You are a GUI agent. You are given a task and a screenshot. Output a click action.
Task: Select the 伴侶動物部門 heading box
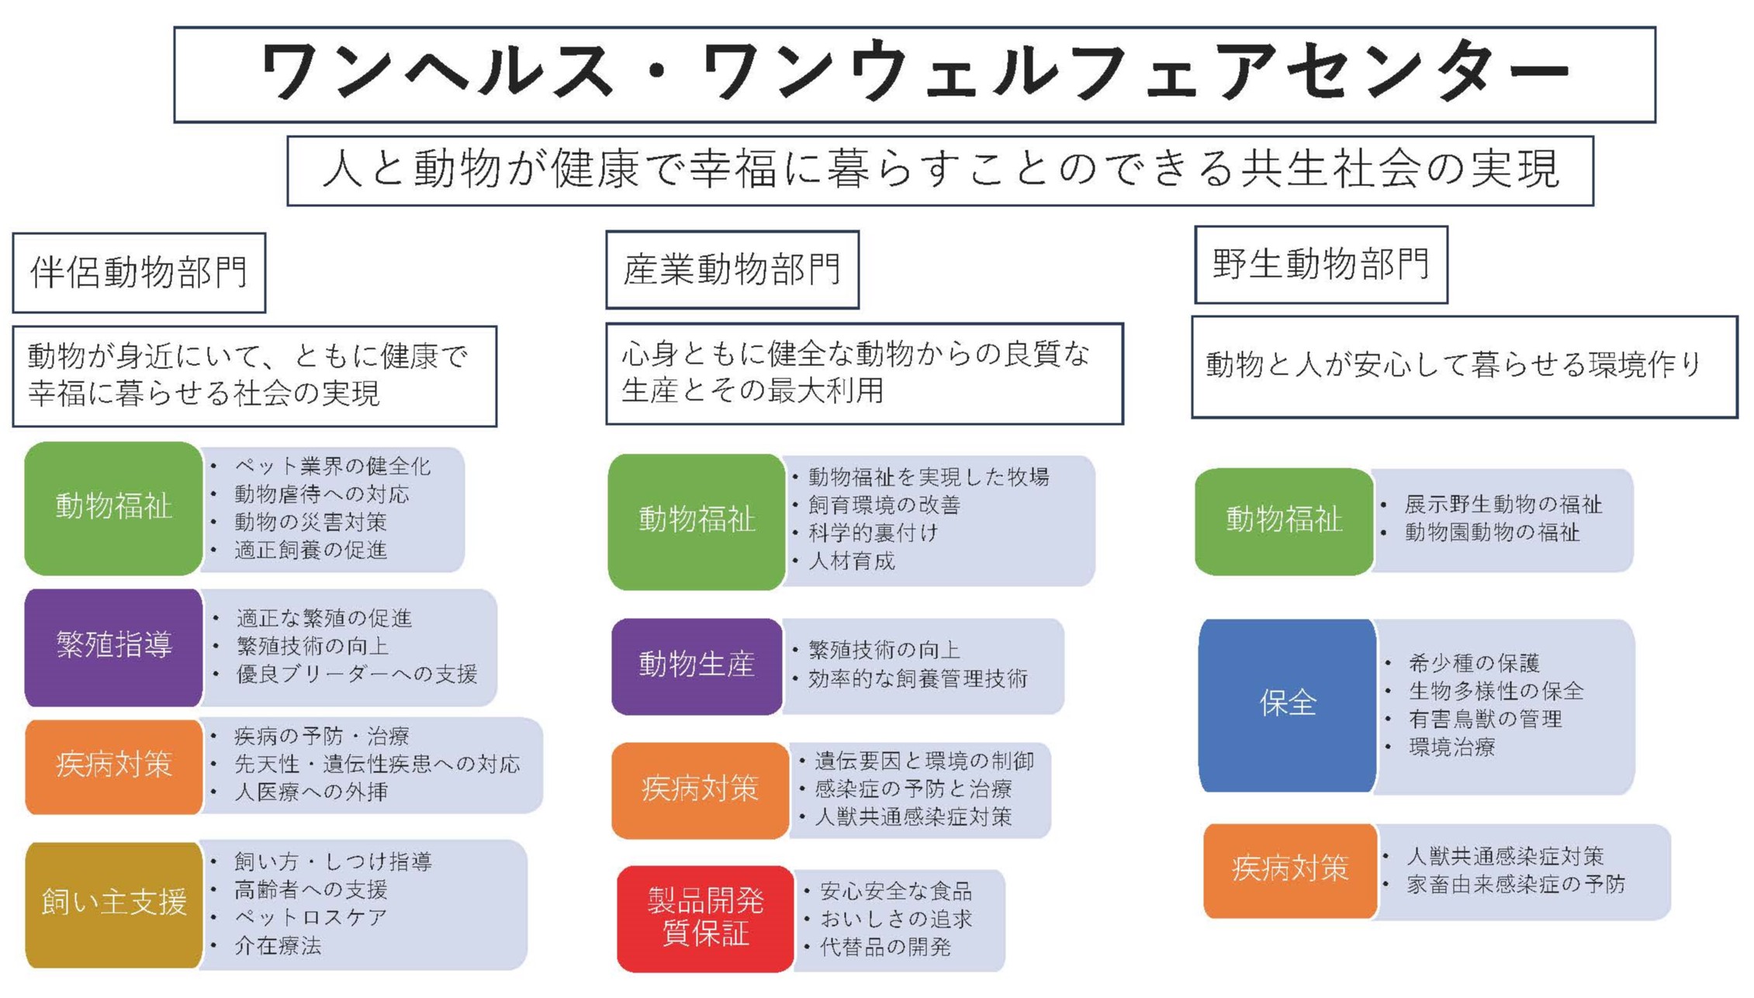pos(139,273)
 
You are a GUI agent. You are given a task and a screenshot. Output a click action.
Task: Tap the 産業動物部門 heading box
pos(732,270)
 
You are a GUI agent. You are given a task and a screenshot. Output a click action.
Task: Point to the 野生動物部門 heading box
pos(1321,264)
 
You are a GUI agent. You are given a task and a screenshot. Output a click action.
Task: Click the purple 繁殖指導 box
pos(113,647)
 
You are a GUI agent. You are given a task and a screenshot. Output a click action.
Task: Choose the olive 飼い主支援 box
pos(113,904)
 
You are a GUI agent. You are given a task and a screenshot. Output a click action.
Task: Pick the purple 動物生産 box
pos(697,666)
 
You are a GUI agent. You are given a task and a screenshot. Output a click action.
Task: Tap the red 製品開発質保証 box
pos(705,918)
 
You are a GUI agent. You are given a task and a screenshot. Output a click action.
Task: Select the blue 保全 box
pos(1288,705)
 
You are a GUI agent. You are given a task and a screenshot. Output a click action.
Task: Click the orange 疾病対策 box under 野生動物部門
pos(1290,870)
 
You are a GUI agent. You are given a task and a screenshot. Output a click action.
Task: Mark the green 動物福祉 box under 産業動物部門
pos(697,521)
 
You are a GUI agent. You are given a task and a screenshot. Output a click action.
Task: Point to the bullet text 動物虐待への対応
pos(322,494)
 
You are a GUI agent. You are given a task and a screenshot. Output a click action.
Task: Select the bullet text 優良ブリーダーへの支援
pos(357,674)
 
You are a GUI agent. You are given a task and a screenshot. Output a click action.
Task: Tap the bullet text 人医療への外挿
pos(311,792)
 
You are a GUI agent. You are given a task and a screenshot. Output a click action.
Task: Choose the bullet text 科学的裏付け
pos(874,533)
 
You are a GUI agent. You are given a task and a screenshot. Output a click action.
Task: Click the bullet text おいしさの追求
pos(896,919)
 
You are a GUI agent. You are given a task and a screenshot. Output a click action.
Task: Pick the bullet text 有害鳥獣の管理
pos(1485,719)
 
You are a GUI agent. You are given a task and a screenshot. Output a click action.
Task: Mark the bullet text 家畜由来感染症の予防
pos(1516,884)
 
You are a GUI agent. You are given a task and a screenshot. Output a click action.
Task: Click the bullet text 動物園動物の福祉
pos(1493,532)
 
